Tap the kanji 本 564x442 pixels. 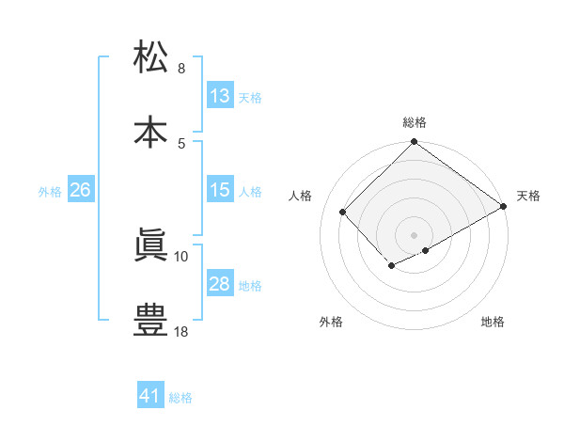(x=151, y=131)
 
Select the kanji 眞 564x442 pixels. (x=151, y=245)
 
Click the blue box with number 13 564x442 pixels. (x=219, y=96)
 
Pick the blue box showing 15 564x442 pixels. (x=219, y=190)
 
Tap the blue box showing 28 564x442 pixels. (x=219, y=284)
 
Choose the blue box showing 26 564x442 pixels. (x=80, y=190)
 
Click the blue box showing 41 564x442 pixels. (x=150, y=396)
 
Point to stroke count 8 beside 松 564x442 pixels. (x=181, y=69)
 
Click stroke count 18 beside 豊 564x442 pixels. (x=182, y=331)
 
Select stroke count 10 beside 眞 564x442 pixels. (x=182, y=256)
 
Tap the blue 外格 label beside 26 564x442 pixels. (x=50, y=192)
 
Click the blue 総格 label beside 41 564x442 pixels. (x=180, y=398)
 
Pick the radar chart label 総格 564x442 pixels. (x=415, y=122)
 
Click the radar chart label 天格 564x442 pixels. (x=528, y=196)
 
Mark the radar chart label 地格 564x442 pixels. (x=493, y=322)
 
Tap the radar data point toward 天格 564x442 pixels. (x=505, y=207)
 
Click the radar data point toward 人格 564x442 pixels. (x=343, y=212)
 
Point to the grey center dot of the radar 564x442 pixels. (x=415, y=234)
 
